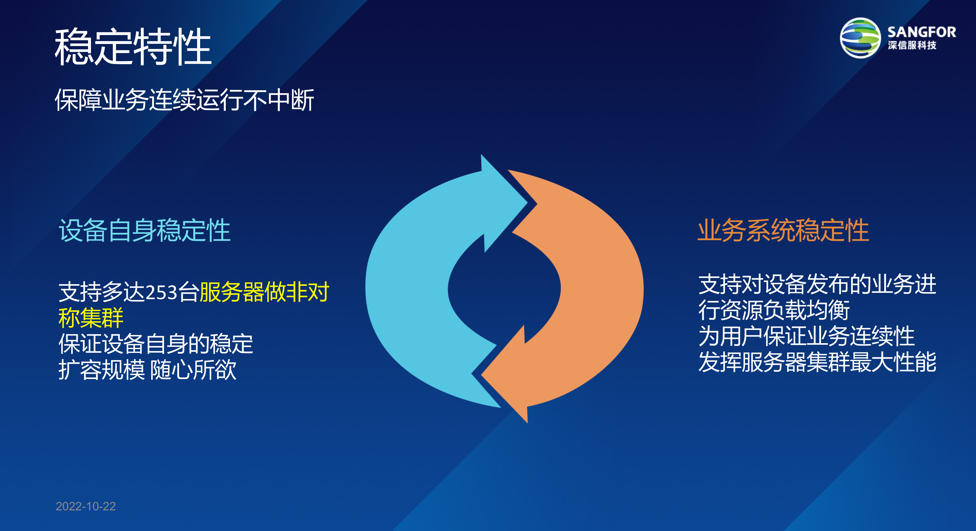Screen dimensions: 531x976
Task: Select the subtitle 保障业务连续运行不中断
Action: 184,100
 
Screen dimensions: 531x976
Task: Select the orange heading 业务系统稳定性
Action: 783,230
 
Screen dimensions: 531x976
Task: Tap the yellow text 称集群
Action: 91,318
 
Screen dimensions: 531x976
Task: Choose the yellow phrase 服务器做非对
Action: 264,292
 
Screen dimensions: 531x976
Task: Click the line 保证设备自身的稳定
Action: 156,344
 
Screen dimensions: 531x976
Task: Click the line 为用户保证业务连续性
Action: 806,336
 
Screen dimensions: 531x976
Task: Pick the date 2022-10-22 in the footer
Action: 86,506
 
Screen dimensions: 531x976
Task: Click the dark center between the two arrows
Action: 504,289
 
